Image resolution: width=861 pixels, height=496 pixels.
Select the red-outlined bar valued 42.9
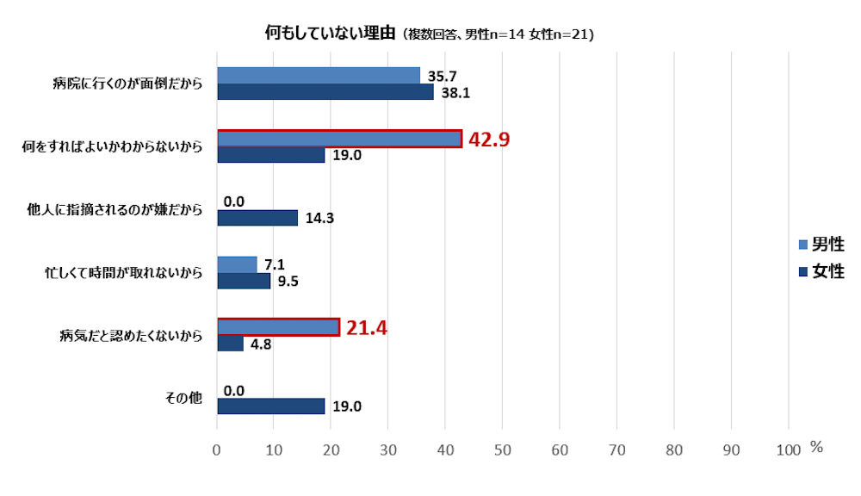click(339, 139)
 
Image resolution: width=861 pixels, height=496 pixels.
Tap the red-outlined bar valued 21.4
click(278, 327)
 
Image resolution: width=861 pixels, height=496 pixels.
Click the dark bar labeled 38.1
click(325, 92)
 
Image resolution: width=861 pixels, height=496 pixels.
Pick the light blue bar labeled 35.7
click(318, 76)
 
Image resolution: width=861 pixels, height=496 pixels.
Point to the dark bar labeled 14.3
click(257, 218)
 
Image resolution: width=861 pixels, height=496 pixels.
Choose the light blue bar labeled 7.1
click(237, 264)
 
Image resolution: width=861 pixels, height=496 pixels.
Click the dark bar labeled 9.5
click(244, 281)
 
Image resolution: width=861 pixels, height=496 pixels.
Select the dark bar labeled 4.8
click(230, 344)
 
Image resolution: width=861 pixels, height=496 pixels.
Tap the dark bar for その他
click(270, 406)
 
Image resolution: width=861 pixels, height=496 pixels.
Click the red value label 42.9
click(489, 139)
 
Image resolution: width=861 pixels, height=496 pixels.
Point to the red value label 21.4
click(366, 327)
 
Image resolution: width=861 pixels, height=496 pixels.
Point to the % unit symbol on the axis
click(816, 448)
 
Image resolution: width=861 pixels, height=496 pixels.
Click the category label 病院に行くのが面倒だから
click(127, 84)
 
